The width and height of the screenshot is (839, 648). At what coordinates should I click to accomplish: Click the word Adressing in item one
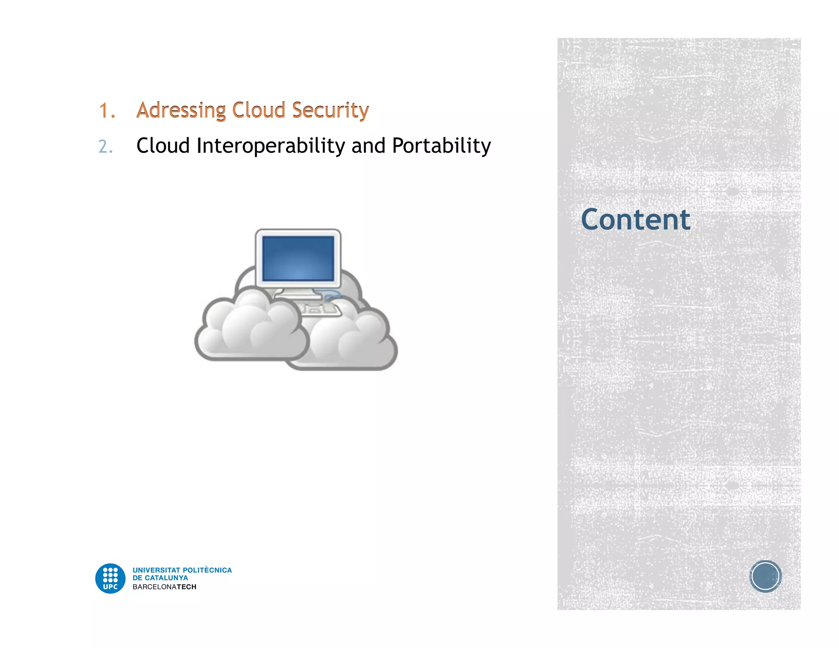181,110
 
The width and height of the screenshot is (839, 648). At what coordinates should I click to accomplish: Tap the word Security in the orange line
330,110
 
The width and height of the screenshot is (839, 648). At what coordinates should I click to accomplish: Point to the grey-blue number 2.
105,147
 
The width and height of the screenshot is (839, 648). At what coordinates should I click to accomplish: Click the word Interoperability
271,146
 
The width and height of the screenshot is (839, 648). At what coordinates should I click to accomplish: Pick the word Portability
441,146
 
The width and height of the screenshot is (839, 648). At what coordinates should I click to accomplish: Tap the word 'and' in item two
368,146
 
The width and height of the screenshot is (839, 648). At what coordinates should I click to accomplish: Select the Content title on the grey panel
635,220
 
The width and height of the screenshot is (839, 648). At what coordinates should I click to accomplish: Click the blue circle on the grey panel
765,576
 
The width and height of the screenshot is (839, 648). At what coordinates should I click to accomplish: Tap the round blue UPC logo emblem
110,578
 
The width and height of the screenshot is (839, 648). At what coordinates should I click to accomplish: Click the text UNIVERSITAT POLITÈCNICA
182,570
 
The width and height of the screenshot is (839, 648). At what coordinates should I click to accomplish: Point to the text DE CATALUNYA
160,578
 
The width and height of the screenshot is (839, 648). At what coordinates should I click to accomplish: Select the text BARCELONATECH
164,587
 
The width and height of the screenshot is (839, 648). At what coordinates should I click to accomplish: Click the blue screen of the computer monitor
298,258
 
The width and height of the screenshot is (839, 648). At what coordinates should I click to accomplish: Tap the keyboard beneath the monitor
320,309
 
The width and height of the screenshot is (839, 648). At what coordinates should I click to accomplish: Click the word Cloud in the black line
163,146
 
